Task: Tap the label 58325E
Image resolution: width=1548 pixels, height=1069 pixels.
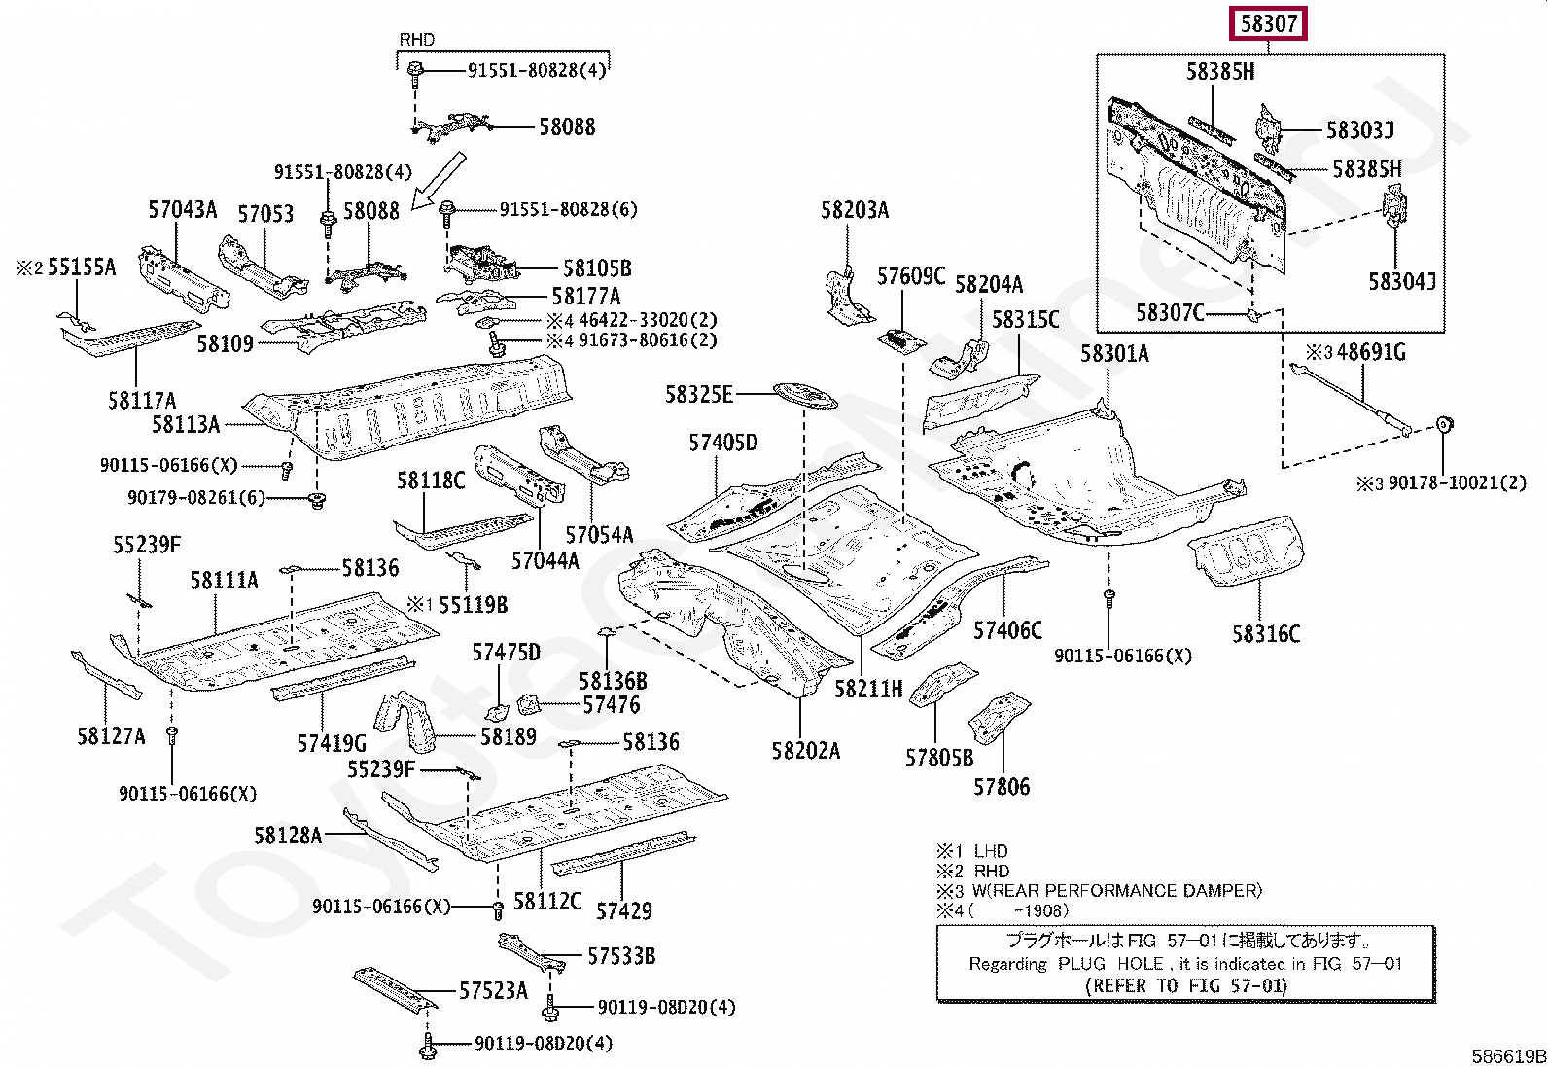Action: [698, 394]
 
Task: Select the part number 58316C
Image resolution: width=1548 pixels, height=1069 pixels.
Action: [1266, 633]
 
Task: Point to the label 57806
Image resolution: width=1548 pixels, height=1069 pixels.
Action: [1002, 786]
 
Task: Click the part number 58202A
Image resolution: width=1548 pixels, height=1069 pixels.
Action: [806, 750]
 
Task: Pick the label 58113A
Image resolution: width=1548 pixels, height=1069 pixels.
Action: [186, 424]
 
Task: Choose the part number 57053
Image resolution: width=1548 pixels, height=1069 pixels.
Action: [265, 213]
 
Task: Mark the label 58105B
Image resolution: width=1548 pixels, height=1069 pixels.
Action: [597, 267]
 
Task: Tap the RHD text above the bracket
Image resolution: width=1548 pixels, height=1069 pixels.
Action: [417, 40]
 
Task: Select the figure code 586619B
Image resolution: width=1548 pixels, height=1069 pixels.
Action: [1507, 1056]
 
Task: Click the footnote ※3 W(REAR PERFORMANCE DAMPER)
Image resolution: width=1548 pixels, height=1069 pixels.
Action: [1099, 890]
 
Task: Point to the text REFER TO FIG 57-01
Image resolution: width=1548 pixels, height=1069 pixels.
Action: [1185, 984]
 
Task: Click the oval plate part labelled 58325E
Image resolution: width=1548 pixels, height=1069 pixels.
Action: [804, 394]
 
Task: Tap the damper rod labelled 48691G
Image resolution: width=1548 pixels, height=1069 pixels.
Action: [1352, 398]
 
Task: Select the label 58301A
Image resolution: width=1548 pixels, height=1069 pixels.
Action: [1114, 353]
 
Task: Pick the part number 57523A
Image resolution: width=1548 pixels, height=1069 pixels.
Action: [493, 990]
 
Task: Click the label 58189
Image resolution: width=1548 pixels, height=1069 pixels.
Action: [508, 735]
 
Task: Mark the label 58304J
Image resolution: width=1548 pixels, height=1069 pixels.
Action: [1402, 281]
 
